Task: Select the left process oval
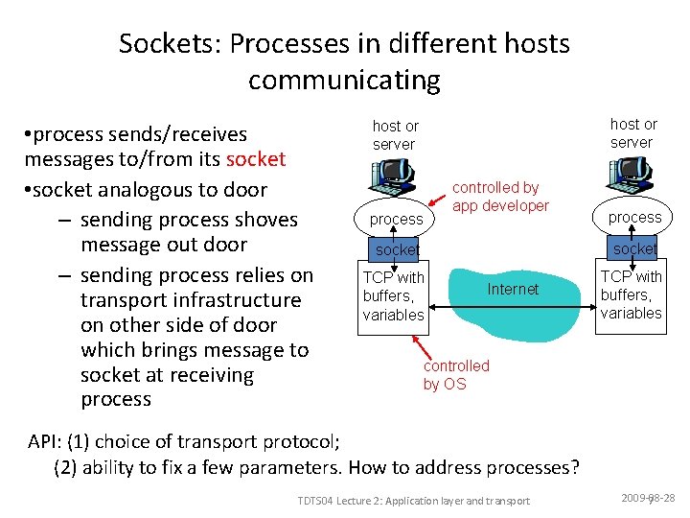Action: coord(396,219)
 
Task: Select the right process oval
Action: coord(634,217)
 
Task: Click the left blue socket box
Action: coord(396,249)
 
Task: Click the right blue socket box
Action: coord(634,248)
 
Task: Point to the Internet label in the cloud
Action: coord(513,289)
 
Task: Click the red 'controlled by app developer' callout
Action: coord(500,197)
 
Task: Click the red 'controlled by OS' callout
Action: coord(456,374)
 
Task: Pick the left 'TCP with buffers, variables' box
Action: coord(393,295)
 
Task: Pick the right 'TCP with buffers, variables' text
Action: coord(631,294)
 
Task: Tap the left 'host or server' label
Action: coord(395,135)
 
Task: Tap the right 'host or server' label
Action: coord(632,133)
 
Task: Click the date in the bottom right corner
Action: coord(648,499)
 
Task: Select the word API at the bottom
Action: coord(45,442)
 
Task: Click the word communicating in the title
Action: coord(344,81)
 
